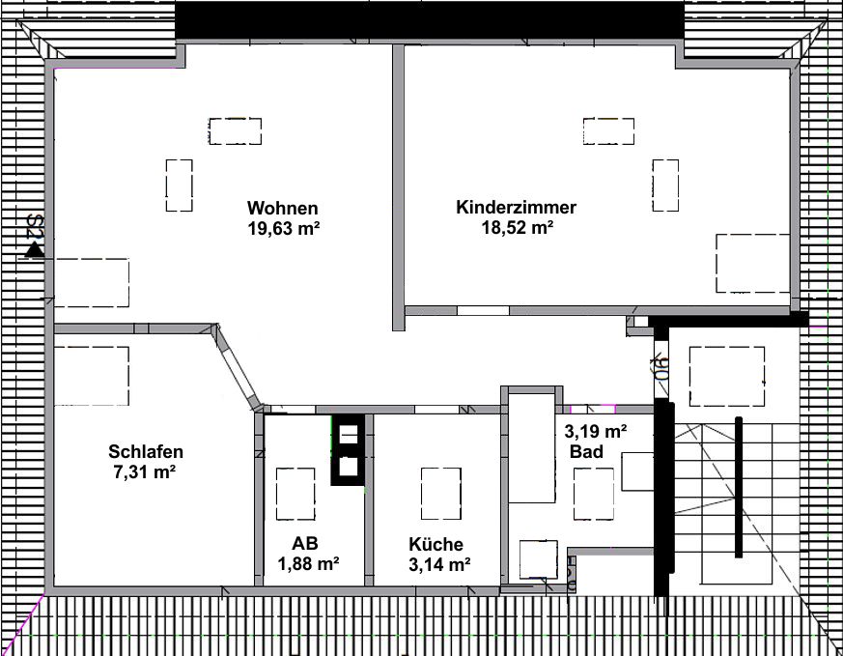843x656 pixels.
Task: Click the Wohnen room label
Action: tap(282, 208)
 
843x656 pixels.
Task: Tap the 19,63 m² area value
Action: tap(284, 229)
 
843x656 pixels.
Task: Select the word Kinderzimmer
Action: tap(516, 208)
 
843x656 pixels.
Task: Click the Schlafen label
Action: tap(146, 450)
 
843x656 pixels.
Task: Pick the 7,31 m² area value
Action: tap(145, 472)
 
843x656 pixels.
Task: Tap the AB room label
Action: tap(305, 544)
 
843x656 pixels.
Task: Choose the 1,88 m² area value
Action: tap(308, 564)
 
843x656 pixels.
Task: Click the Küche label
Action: tap(436, 544)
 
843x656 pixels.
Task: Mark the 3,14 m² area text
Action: tap(439, 564)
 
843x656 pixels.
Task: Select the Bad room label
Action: tap(586, 452)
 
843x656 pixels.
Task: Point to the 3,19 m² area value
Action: tap(595, 431)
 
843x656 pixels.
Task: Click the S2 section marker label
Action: tap(36, 226)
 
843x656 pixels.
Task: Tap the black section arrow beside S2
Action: tap(35, 249)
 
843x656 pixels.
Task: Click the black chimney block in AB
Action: tap(348, 450)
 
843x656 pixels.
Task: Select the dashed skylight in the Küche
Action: tap(441, 494)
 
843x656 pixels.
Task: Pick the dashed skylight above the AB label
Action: tap(295, 494)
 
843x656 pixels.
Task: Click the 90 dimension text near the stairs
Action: tap(660, 367)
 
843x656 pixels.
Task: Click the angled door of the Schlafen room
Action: tap(239, 365)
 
